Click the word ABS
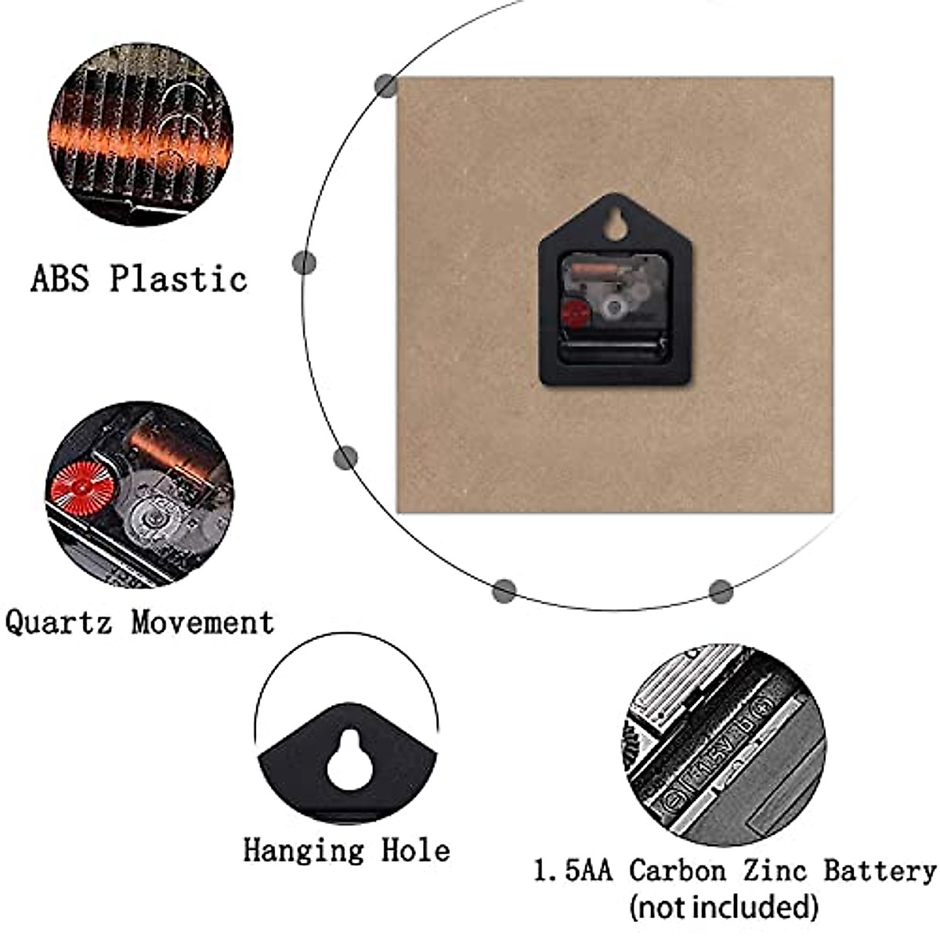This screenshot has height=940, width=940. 60,278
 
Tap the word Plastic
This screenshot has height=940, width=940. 178,278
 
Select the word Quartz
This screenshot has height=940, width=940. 59,623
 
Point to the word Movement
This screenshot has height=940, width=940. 203,623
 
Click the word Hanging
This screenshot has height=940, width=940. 303,850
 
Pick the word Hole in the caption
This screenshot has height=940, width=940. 416,850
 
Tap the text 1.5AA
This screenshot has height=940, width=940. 573,870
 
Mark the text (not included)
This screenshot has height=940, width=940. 724,907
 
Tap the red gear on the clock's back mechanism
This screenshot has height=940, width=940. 576,312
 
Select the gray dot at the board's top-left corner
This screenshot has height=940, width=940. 385,86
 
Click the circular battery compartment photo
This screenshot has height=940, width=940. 725,744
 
